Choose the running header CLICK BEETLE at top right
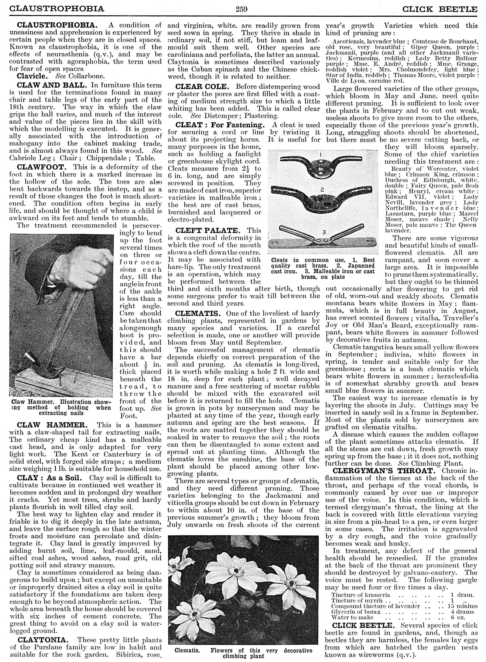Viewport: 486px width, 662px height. (440, 9)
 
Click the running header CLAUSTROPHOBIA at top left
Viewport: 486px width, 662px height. (57, 9)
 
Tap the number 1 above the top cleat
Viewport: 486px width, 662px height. (321, 154)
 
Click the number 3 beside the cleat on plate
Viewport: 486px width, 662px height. (324, 232)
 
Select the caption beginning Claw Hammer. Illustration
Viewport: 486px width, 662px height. (61, 407)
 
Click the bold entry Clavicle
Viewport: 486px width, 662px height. (32, 76)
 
